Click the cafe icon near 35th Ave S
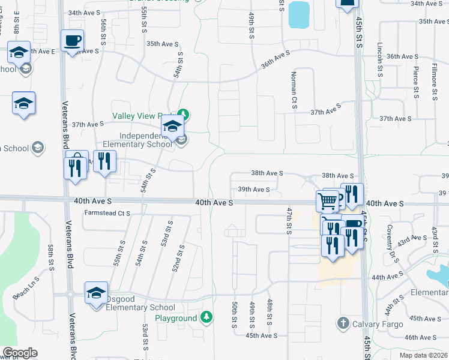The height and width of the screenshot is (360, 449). click(x=72, y=41)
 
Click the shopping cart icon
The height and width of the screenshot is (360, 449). click(x=327, y=200)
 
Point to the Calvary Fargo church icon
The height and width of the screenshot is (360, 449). click(x=343, y=323)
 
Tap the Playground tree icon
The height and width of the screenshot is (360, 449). click(x=206, y=316)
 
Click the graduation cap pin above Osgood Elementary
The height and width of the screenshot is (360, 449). click(x=96, y=293)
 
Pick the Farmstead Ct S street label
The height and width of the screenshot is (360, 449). click(x=107, y=213)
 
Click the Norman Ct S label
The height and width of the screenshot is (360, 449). click(x=294, y=85)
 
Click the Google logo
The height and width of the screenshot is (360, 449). click(x=20, y=353)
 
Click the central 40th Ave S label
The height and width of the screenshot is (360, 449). click(x=214, y=203)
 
